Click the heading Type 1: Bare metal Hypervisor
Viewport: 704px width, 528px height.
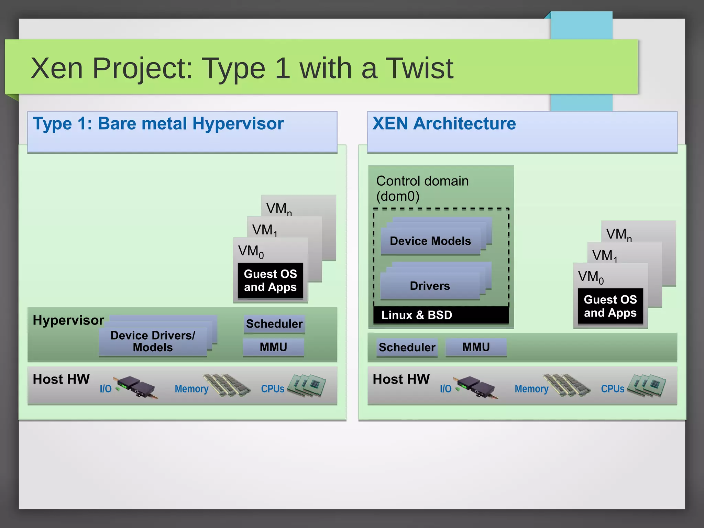point(158,124)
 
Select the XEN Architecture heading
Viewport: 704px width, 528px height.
point(444,124)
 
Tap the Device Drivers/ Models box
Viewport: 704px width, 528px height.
point(153,341)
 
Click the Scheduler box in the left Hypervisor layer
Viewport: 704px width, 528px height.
point(274,324)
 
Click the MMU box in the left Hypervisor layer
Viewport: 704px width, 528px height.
point(274,347)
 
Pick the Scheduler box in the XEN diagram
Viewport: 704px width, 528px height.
point(407,348)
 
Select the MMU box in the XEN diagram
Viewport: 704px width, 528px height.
point(476,347)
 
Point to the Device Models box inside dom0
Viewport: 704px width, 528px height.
point(430,241)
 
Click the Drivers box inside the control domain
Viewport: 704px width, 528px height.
point(430,286)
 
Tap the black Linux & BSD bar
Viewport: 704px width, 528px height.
point(441,315)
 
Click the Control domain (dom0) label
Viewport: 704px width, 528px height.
point(422,188)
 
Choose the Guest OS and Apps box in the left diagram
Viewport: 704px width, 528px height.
point(270,280)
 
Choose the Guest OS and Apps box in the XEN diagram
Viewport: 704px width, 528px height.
point(610,306)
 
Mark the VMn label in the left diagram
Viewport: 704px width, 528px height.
point(279,209)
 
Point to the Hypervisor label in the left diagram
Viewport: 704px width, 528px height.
point(68,320)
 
